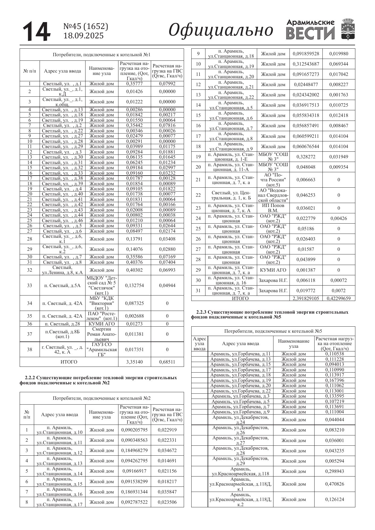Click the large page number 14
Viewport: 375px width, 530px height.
point(37,31)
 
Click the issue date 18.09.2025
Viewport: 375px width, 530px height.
point(83,36)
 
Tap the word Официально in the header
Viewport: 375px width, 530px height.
point(221,31)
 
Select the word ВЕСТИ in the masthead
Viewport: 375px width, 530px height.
point(310,33)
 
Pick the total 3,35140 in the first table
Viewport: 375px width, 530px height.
point(134,362)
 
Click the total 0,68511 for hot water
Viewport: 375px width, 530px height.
point(167,362)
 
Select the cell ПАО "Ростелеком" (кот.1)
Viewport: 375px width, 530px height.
point(102,316)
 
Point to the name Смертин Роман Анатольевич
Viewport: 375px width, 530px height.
point(102,334)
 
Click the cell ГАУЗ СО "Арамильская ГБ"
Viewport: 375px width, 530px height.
point(102,349)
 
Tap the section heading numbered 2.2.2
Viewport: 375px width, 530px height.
point(98,380)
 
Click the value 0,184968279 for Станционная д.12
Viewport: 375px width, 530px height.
point(134,450)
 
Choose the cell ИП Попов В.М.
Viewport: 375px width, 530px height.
point(273,208)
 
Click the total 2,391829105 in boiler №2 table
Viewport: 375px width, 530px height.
point(305,298)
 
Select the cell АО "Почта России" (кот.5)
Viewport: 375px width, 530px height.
point(273,179)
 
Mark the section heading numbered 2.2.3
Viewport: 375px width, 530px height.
point(270,314)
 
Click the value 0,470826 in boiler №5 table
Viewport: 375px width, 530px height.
point(335,484)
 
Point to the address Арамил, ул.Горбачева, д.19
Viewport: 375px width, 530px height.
point(241,380)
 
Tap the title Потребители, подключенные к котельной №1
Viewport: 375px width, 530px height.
point(102,55)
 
